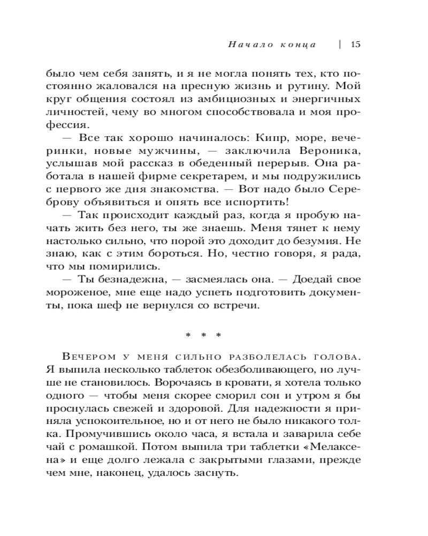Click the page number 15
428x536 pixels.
tap(356, 44)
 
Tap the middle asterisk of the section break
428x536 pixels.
tap(203, 335)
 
